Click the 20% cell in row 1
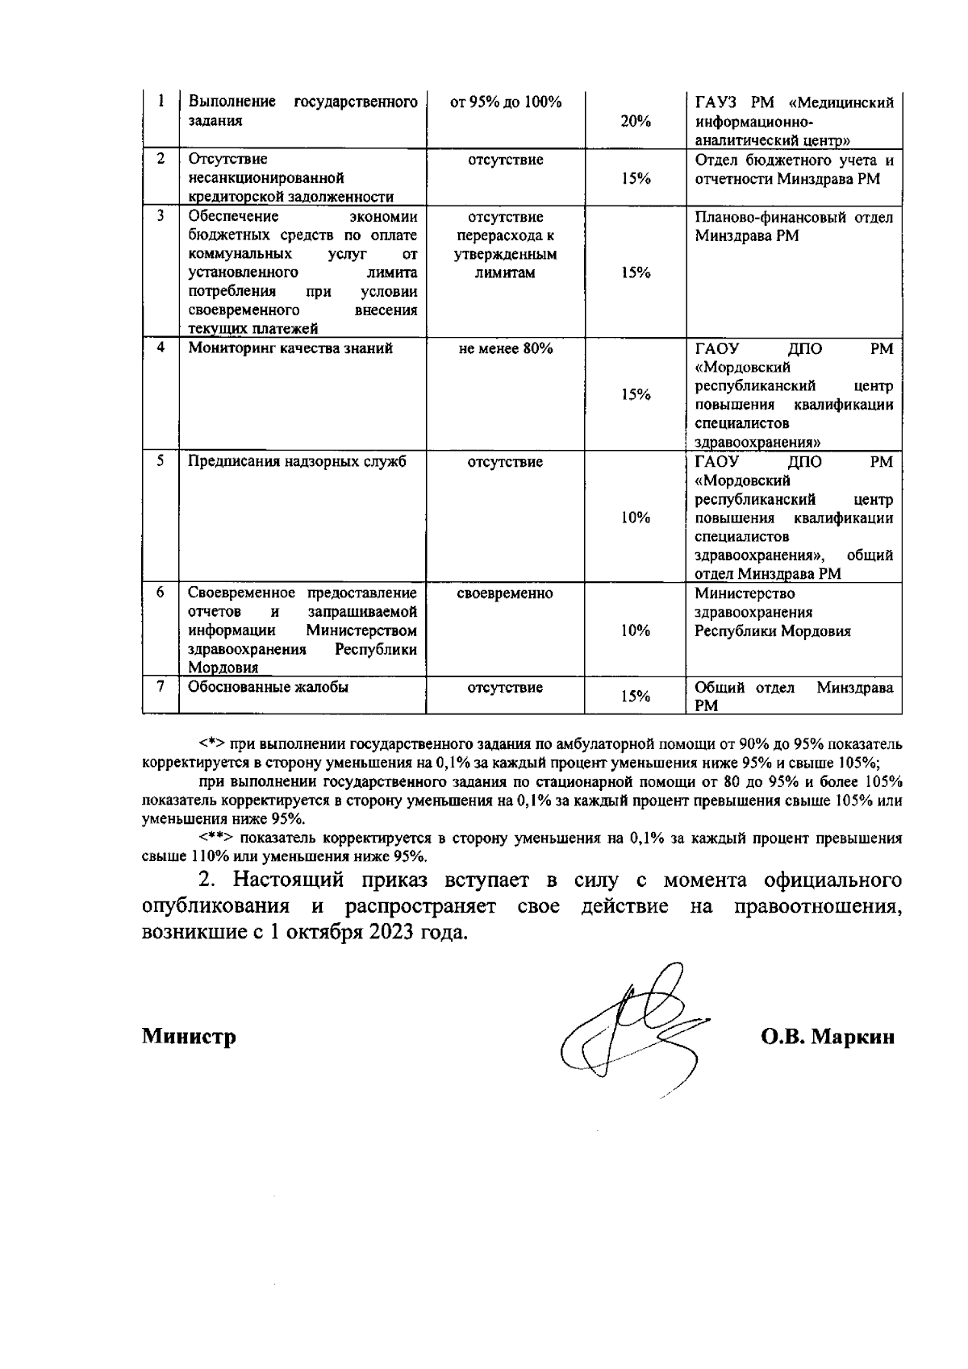[x=636, y=121]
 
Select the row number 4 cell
[x=161, y=348]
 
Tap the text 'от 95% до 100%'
[x=505, y=102]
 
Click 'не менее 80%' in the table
[x=505, y=349]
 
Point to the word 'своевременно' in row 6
[x=505, y=594]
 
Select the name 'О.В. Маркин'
[x=828, y=1037]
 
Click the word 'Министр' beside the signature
[x=189, y=1037]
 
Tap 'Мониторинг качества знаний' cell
[x=290, y=349]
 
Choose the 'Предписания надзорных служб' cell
[x=296, y=462]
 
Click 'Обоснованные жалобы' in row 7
[x=268, y=688]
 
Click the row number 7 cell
[x=161, y=687]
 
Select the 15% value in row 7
[x=636, y=697]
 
